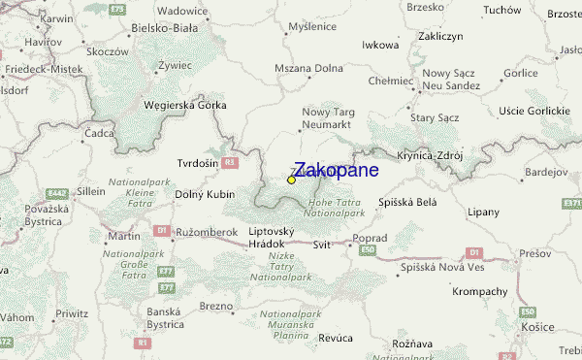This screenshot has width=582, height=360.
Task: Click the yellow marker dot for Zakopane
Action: [291, 180]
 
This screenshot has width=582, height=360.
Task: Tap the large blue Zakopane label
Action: [336, 170]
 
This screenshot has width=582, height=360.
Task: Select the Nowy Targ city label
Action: [328, 113]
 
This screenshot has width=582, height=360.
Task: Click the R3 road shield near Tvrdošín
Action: [229, 163]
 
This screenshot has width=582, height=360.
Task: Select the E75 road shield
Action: [118, 9]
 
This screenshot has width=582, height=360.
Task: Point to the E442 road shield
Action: [56, 194]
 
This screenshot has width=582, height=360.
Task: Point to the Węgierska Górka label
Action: [183, 105]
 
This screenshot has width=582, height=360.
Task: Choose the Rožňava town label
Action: [412, 344]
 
